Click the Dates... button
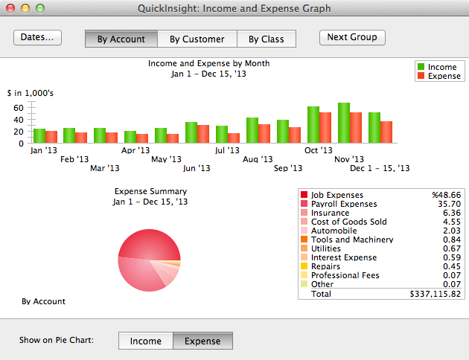pos(37,38)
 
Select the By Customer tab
pos(197,39)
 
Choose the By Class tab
pos(266,39)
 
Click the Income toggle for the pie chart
pos(146,341)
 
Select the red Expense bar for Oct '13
pos(325,127)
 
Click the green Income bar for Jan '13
pos(39,135)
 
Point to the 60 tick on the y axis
pos(19,107)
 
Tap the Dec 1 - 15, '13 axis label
pos(380,169)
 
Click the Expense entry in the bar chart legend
pos(444,76)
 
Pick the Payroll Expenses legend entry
pos(343,204)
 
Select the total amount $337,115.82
pos(435,295)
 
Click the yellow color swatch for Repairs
pos(304,266)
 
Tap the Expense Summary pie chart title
pos(150,191)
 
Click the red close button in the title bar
pos(10,8)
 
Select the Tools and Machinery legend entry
pos(351,240)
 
